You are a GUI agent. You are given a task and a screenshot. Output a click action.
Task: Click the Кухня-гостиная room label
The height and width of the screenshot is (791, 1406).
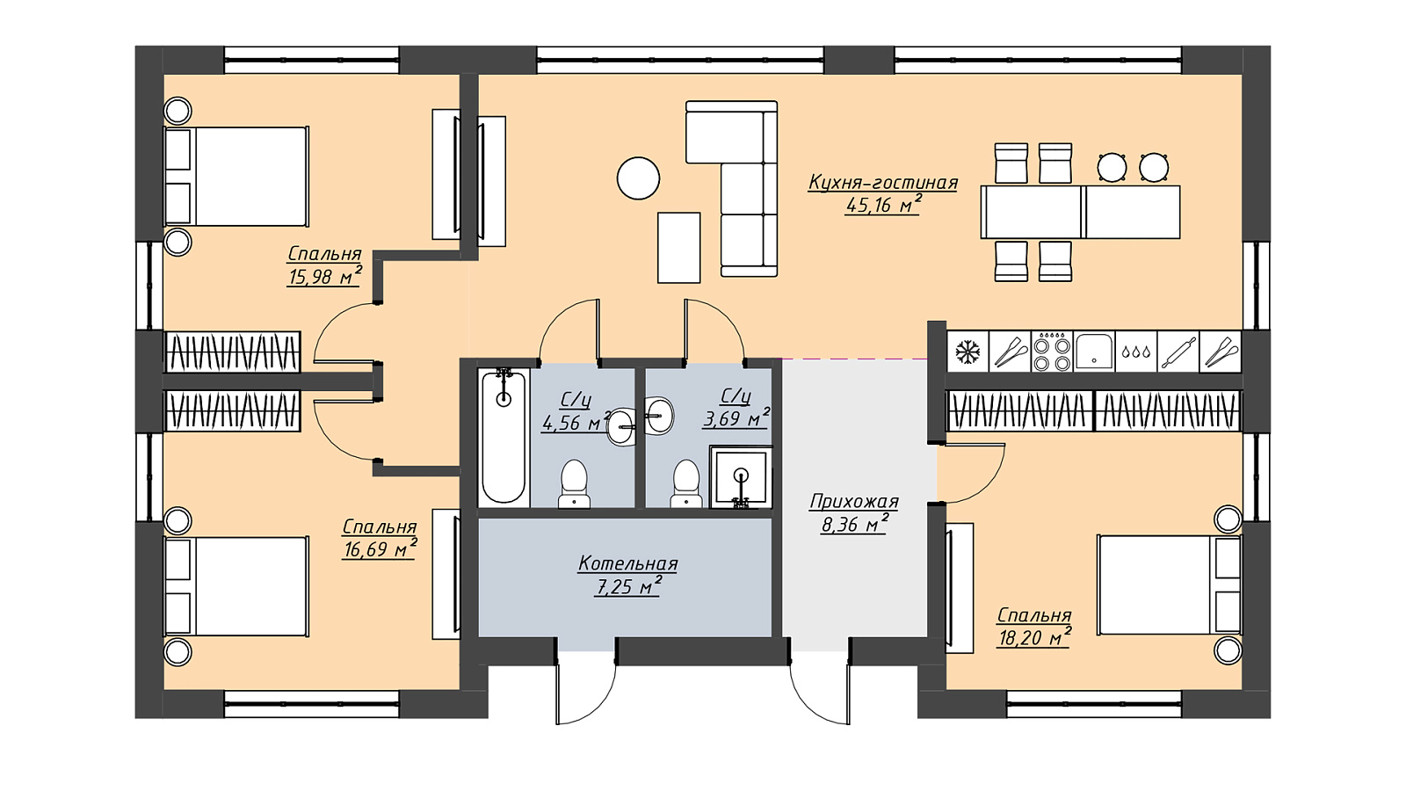coord(883,183)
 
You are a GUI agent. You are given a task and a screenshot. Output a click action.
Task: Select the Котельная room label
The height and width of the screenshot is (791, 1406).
coord(627,563)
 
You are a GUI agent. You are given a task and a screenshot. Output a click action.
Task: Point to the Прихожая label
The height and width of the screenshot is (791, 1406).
coord(854,502)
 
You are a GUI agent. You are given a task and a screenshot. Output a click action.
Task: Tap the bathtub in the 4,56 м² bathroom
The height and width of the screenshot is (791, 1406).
coord(504,437)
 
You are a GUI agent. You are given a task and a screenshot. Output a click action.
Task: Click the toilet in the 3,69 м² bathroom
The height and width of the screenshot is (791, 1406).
coord(686,483)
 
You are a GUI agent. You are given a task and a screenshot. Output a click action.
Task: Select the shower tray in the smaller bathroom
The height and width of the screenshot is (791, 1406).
coord(741,476)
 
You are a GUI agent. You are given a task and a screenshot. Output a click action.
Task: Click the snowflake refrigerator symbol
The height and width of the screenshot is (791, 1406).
coord(968,352)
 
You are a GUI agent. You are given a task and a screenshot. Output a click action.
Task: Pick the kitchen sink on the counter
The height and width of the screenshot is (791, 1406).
coord(1094,352)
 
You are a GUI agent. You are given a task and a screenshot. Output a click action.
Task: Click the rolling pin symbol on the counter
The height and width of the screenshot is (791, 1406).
coord(1178,352)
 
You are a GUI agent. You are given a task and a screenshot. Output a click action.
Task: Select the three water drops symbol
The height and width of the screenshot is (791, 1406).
coord(1135,352)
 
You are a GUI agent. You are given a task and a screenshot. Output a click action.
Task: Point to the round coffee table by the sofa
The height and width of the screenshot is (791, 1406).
coord(638,178)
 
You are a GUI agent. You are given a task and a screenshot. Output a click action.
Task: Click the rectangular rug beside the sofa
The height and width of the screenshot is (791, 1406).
coord(678,247)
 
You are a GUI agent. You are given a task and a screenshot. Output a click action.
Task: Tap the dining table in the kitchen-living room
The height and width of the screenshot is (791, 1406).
coord(1080,212)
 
